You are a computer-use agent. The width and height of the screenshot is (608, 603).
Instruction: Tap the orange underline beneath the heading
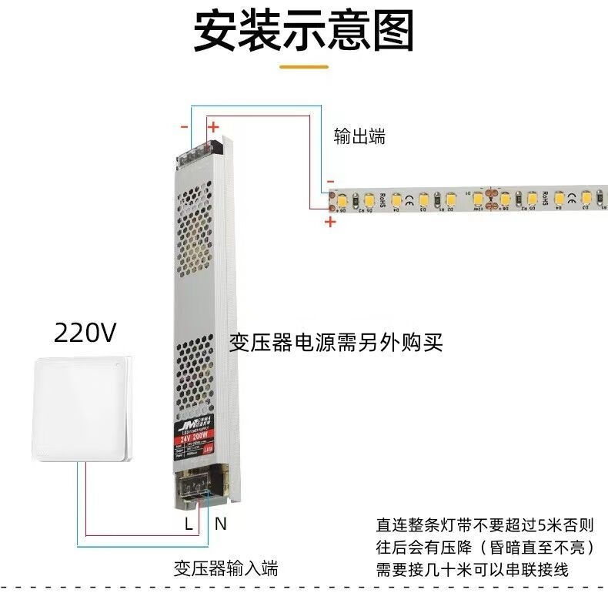pyautogui.click(x=303, y=67)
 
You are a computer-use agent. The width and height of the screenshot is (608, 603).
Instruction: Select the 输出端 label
pyautogui.click(x=359, y=137)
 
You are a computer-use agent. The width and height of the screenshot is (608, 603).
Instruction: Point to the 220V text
pyautogui.click(x=85, y=333)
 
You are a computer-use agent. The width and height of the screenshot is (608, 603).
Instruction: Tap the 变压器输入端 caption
pyautogui.click(x=225, y=569)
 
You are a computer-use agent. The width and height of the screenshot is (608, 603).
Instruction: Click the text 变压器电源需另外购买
pyautogui.click(x=336, y=343)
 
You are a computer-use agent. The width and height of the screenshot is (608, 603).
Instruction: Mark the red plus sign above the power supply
pyautogui.click(x=214, y=127)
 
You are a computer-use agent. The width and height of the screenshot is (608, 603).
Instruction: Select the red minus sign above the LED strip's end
pyautogui.click(x=330, y=176)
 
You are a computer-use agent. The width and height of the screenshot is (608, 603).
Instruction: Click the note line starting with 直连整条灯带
pyautogui.click(x=485, y=526)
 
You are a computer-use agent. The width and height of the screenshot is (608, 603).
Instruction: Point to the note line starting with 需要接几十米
pyautogui.click(x=472, y=571)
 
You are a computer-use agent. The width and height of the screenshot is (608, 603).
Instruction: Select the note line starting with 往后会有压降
pyautogui.click(x=485, y=548)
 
